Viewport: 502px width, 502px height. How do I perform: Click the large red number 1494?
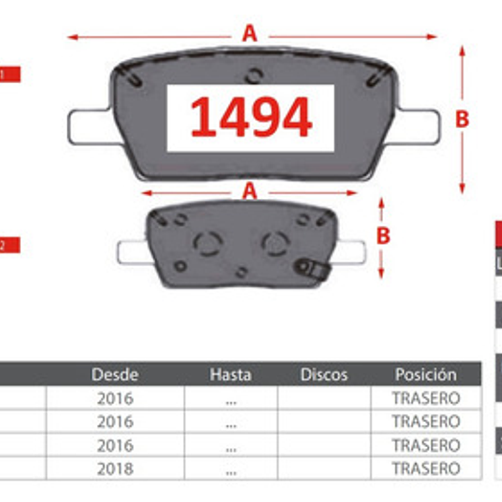click(251, 118)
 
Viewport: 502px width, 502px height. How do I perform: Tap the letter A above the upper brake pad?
click(249, 34)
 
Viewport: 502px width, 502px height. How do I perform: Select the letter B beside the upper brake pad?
click(462, 120)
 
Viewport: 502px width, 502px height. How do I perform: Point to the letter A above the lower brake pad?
click(249, 192)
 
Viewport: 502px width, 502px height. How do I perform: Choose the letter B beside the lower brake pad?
click(382, 236)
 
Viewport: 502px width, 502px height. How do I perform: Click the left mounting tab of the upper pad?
click(88, 126)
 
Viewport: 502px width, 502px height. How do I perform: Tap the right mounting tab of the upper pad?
click(419, 126)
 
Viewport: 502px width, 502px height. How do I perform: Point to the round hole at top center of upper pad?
click(253, 76)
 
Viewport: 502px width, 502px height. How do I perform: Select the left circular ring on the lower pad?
click(207, 243)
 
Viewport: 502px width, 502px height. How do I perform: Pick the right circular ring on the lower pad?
click(274, 243)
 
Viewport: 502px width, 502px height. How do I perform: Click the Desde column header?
click(115, 375)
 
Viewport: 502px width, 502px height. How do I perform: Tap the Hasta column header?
click(231, 375)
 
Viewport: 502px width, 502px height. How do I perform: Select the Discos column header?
click(324, 375)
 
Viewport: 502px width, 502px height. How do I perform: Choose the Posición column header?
click(425, 375)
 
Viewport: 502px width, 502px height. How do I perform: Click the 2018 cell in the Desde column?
click(115, 469)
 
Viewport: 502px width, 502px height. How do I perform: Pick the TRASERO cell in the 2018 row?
click(425, 469)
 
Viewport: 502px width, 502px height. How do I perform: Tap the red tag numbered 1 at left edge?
click(9, 75)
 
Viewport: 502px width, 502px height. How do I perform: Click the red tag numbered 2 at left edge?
click(9, 245)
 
